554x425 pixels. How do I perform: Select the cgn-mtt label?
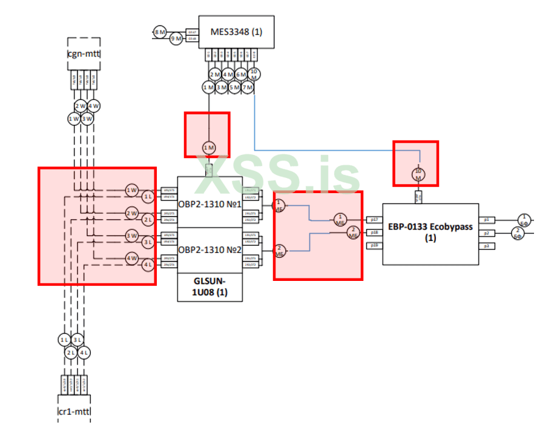pyautogui.click(x=84, y=53)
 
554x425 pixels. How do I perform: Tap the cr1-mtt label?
pyautogui.click(x=74, y=411)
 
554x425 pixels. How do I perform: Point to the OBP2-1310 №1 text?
pyautogui.click(x=210, y=203)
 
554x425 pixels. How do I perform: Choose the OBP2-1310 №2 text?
pyautogui.click(x=210, y=249)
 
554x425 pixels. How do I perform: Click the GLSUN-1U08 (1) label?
pyautogui.click(x=210, y=287)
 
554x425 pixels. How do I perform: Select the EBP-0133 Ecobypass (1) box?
pyautogui.click(x=430, y=233)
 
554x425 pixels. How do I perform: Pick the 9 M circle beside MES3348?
pyautogui.click(x=176, y=39)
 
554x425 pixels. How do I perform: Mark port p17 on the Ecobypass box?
pyautogui.click(x=372, y=219)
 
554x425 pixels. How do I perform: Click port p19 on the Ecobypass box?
pyautogui.click(x=372, y=245)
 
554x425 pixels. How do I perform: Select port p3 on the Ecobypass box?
pyautogui.click(x=486, y=245)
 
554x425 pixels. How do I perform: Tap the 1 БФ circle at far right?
pyautogui.click(x=526, y=219)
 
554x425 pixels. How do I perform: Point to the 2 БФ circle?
pyautogui.click(x=518, y=233)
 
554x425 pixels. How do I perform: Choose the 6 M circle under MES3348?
pyautogui.click(x=241, y=74)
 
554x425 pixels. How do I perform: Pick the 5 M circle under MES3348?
pyautogui.click(x=234, y=88)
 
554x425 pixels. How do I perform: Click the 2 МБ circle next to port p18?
pyautogui.click(x=353, y=232)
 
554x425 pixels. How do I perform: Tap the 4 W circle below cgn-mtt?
pyautogui.click(x=94, y=107)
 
